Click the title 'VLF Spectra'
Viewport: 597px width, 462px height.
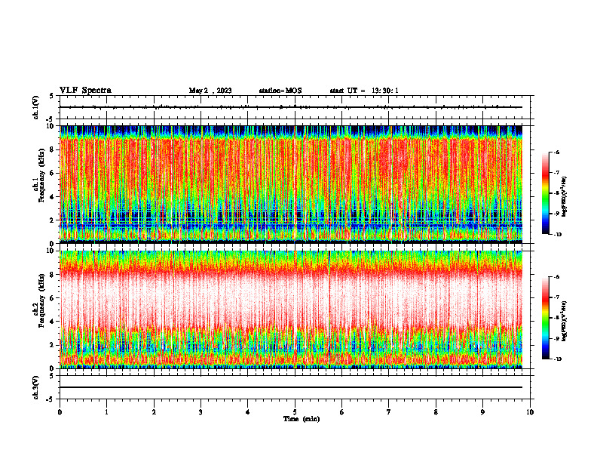(x=85, y=90)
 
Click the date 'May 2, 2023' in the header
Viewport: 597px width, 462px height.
(x=210, y=91)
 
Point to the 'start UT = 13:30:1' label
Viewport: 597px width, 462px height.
(x=364, y=91)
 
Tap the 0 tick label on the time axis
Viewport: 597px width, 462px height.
(x=60, y=412)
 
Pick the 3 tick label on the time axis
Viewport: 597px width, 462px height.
(x=201, y=412)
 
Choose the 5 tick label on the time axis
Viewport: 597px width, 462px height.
(x=295, y=412)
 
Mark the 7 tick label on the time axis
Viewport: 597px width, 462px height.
(x=389, y=412)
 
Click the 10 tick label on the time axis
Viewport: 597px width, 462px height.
(x=530, y=412)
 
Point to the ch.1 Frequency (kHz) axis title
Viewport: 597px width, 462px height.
(x=38, y=183)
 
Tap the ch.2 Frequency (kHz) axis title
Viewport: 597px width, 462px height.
(x=38, y=308)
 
